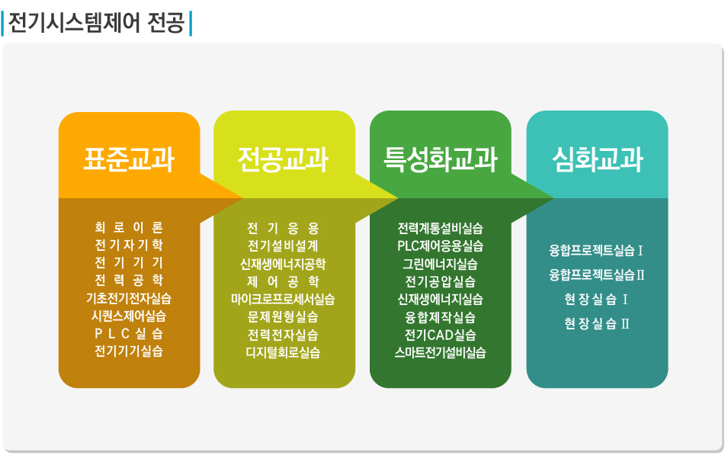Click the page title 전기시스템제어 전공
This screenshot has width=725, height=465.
point(97,23)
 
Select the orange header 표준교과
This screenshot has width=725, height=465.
point(129,159)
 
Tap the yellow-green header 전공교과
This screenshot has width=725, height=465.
point(283,159)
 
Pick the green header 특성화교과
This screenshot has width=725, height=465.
point(440,159)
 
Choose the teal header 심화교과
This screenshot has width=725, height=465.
point(598,159)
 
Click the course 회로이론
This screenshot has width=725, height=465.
point(129,227)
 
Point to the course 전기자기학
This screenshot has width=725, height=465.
point(129,245)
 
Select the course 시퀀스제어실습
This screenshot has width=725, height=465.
point(129,316)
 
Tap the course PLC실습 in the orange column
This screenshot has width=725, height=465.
point(129,334)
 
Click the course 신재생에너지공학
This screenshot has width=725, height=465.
point(283,264)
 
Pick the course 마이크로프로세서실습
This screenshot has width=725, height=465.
point(283,300)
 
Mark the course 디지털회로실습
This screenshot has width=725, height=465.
point(283,353)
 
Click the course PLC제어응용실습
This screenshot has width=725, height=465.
point(440,246)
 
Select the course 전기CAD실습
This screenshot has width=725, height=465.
point(440,335)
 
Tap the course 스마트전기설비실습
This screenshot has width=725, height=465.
point(440,353)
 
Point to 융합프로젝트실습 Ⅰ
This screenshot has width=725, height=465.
point(596,251)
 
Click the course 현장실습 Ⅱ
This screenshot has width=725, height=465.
point(596,323)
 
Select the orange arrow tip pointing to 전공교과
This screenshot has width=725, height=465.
point(242,199)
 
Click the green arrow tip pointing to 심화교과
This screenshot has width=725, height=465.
point(553,199)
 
